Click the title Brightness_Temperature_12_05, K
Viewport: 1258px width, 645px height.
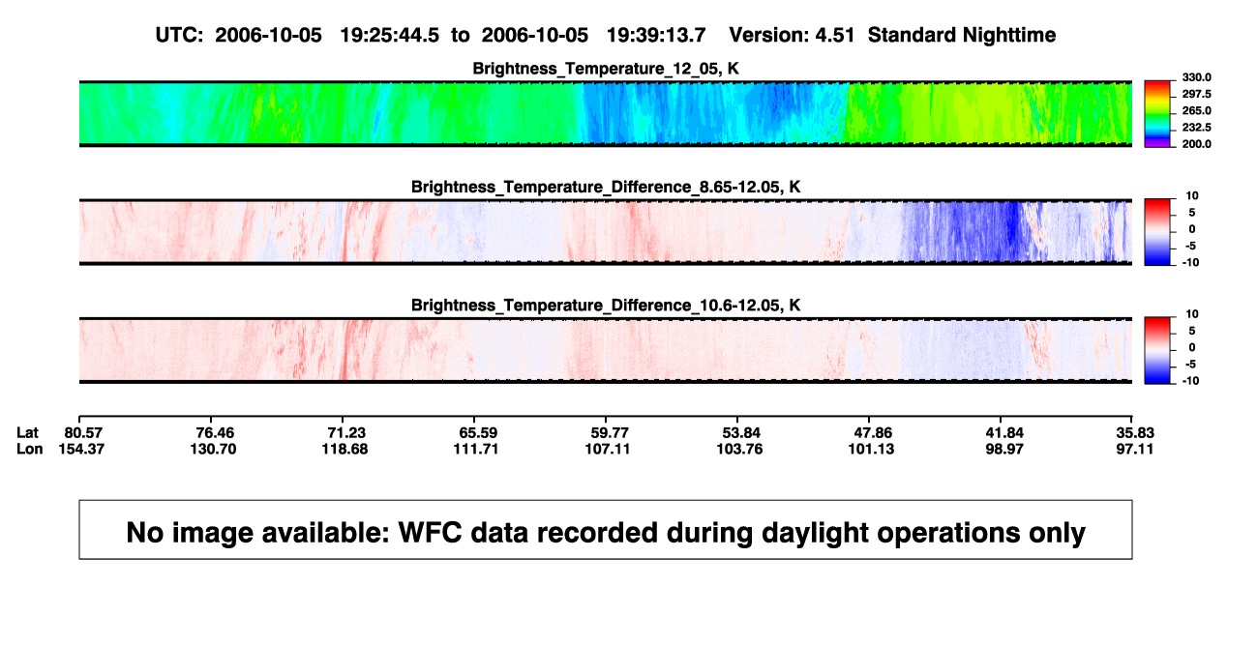coord(606,69)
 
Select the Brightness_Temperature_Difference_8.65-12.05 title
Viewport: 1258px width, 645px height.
coord(606,187)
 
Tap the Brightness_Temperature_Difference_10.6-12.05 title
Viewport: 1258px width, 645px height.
coord(606,306)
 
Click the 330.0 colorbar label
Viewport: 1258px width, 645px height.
coord(1196,77)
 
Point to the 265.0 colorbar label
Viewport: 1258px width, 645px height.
coord(1196,110)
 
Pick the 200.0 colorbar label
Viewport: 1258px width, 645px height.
coord(1196,144)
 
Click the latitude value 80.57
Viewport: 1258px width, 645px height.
coord(83,433)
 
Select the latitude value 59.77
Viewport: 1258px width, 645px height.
coord(610,433)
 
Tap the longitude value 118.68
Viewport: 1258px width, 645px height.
coord(344,449)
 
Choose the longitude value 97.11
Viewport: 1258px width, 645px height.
coord(1134,449)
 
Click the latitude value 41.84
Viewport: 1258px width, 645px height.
coord(1004,433)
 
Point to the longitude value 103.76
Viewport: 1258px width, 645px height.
coord(739,449)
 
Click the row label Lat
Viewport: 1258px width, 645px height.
coord(27,433)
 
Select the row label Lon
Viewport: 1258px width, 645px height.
coord(30,449)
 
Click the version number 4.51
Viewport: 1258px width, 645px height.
coord(835,36)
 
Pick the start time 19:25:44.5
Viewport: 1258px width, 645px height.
coord(390,36)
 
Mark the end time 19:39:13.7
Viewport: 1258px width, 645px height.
coord(656,36)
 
